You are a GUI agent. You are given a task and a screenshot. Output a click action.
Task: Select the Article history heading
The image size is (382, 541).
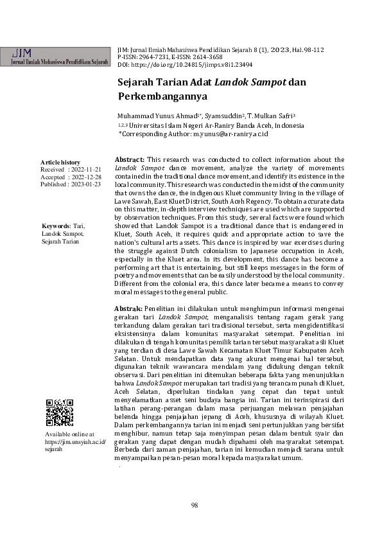60,162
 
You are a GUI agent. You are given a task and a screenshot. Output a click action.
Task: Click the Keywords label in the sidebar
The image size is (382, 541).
56,226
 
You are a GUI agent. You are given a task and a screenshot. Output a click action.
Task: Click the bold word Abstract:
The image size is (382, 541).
129,159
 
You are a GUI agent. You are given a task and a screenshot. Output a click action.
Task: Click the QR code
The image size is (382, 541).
59,412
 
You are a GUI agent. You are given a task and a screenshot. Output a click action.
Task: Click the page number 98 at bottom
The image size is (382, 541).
195,505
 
